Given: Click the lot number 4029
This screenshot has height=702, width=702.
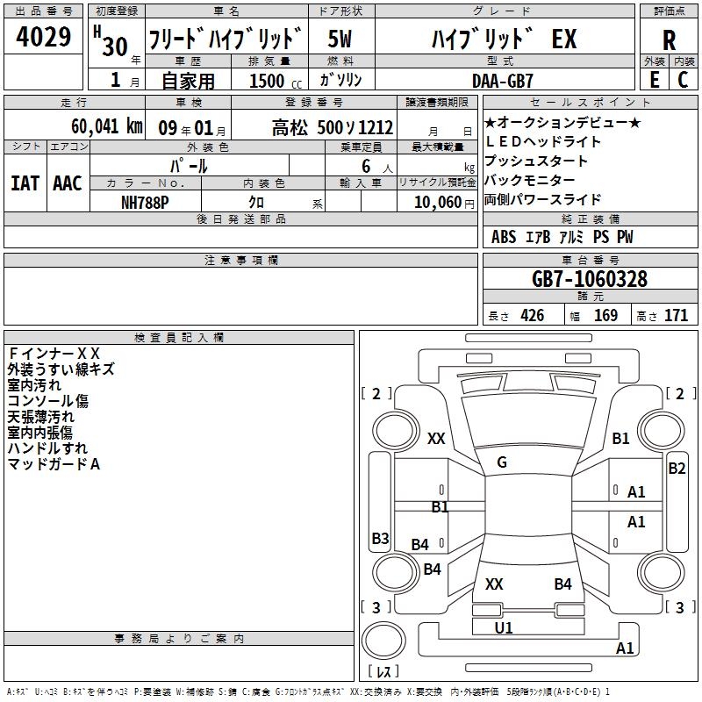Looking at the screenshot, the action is click(43, 37).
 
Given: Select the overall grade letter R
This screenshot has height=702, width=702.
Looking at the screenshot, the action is click(669, 40).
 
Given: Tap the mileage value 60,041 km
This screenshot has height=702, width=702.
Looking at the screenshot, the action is click(107, 126).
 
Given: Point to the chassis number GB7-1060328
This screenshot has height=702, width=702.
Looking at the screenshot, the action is click(590, 278).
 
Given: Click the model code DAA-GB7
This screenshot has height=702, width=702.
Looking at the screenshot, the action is click(502, 81).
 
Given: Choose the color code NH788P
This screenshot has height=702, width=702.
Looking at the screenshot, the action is click(145, 203).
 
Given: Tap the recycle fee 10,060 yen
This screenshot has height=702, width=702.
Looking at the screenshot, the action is click(444, 203).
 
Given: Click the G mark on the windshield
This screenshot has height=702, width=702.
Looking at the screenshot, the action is click(502, 462).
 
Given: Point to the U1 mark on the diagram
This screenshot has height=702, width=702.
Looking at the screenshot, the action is click(504, 627).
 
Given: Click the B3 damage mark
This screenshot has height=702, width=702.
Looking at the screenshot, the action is click(381, 538).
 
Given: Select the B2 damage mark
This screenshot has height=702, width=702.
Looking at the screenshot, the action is click(677, 469).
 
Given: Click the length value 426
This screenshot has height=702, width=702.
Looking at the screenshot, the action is click(533, 315).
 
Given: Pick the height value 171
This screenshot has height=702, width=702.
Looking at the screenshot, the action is click(676, 315).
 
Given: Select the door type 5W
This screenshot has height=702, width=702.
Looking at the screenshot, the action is click(340, 39).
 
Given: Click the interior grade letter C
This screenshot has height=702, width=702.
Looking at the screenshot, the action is click(683, 80).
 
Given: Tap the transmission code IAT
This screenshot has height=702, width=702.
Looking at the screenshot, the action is click(25, 183).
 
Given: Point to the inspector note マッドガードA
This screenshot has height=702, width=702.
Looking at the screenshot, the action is click(54, 464).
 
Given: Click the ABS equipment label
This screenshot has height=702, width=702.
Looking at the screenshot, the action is click(504, 236).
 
